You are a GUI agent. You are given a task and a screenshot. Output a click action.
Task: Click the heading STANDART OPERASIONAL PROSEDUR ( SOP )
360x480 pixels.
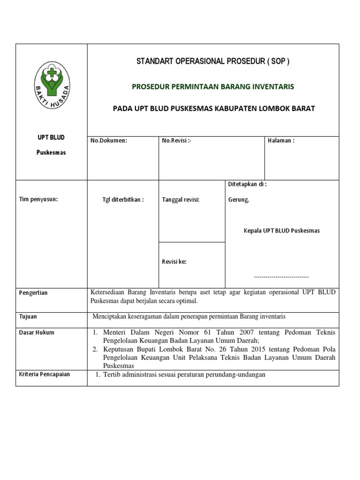click(x=213, y=61)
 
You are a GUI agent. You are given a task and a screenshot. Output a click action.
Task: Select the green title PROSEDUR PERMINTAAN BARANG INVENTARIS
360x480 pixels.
click(x=213, y=86)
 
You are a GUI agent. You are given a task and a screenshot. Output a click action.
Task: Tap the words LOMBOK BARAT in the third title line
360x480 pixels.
click(x=292, y=109)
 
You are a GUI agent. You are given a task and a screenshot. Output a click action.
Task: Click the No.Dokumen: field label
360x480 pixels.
click(x=109, y=141)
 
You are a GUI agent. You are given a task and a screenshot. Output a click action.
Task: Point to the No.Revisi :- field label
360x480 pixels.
click(x=177, y=141)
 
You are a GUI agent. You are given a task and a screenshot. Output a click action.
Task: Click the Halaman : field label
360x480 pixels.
click(x=281, y=141)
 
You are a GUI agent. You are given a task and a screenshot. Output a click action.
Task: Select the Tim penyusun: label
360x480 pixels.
click(x=38, y=199)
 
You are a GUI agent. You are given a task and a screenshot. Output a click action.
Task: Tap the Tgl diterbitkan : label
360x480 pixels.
click(x=123, y=199)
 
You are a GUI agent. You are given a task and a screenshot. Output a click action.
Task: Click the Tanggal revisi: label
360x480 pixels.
click(x=180, y=199)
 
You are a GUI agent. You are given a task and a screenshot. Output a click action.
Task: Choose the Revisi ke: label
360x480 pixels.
click(x=174, y=262)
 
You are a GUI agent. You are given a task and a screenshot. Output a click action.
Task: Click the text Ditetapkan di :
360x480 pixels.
click(x=247, y=185)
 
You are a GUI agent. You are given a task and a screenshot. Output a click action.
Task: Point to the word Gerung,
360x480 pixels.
click(x=239, y=199)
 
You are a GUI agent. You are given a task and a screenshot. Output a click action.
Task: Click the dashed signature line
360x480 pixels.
click(x=281, y=277)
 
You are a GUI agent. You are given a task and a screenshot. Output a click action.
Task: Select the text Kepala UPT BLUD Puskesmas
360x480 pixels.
click(x=282, y=231)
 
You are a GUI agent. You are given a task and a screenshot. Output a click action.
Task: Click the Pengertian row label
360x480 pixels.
click(x=33, y=293)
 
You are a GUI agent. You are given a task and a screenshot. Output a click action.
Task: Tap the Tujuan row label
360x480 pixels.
click(x=28, y=317)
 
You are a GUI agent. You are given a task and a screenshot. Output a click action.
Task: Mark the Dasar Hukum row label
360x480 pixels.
click(x=37, y=332)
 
